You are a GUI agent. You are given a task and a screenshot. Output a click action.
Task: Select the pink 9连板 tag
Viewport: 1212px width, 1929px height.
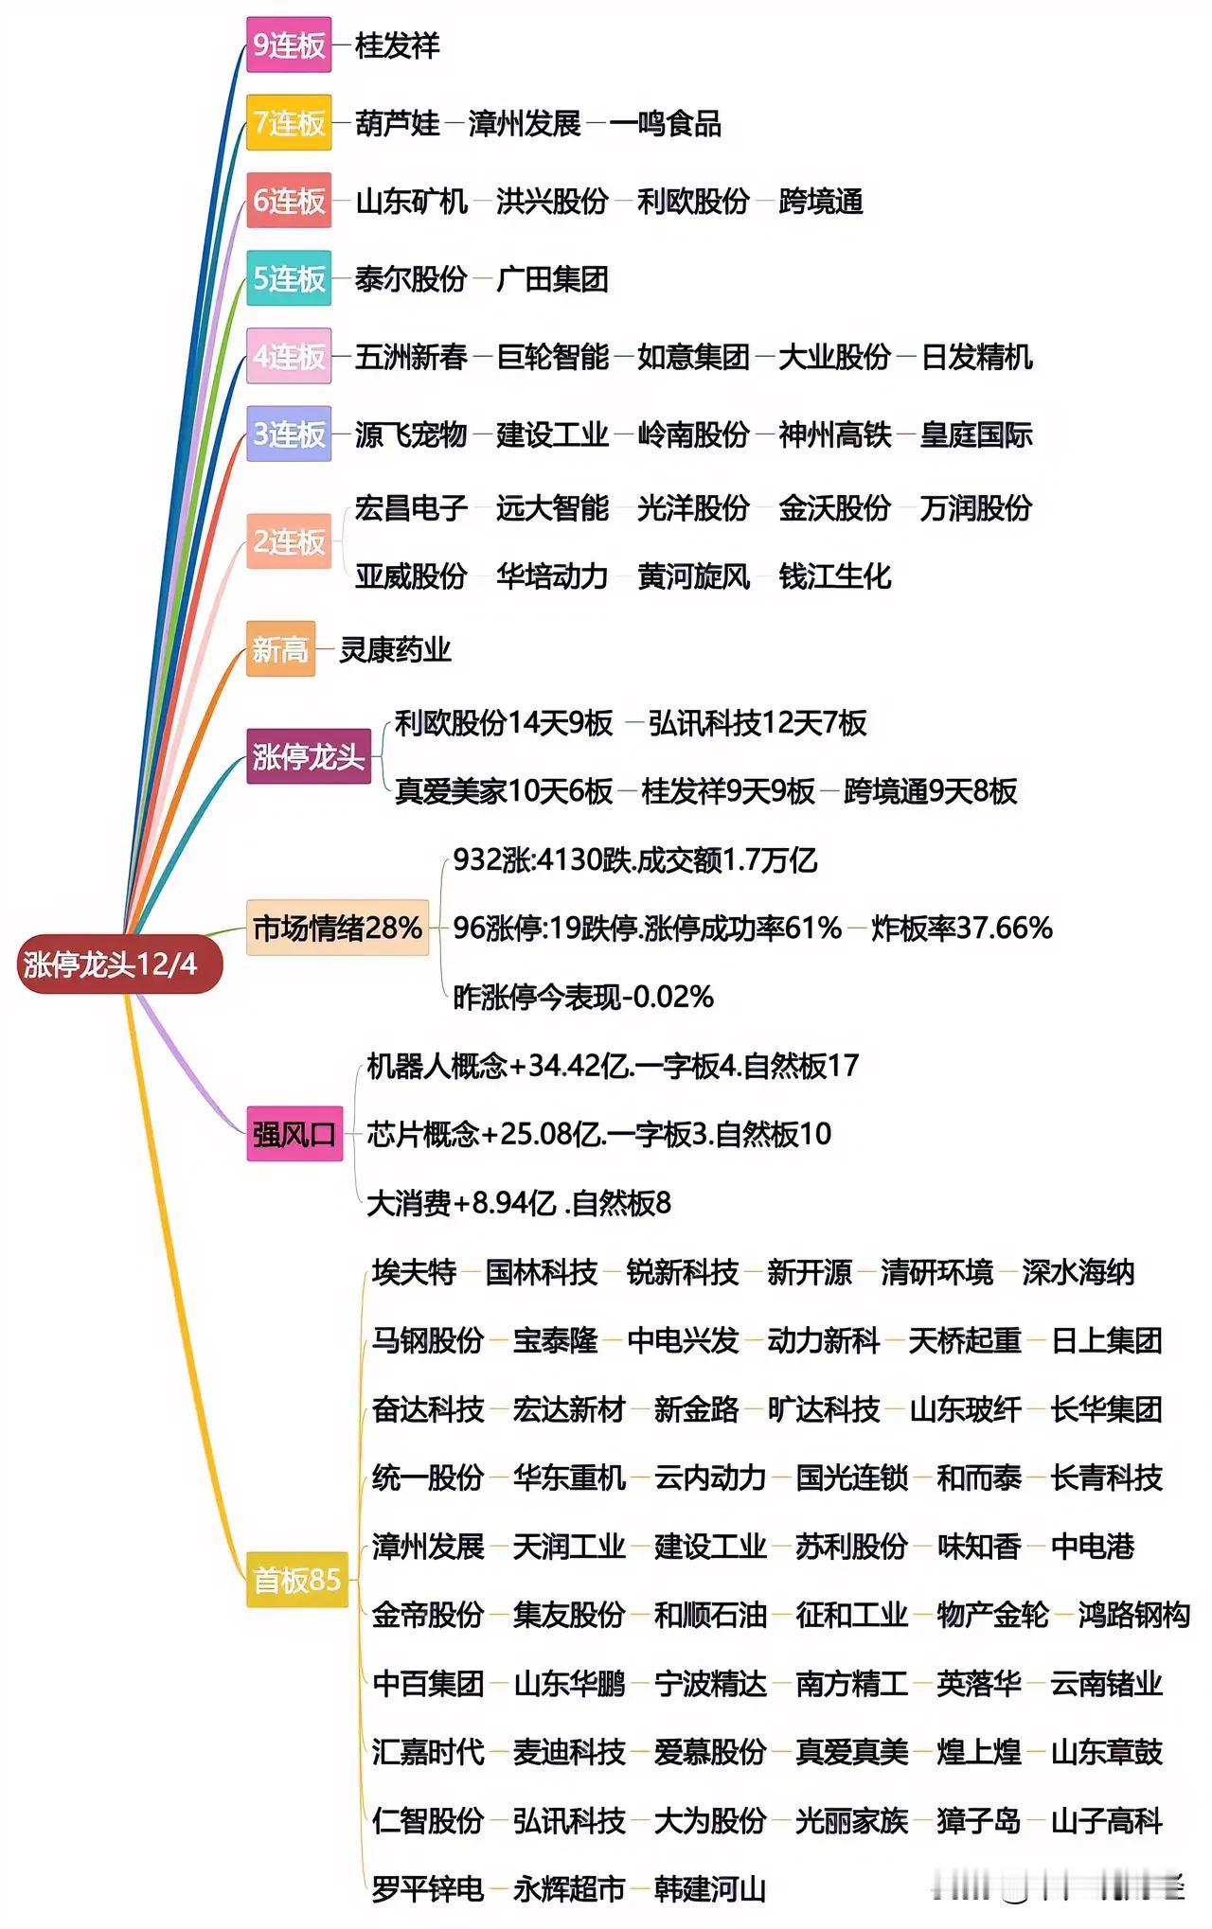pyautogui.click(x=289, y=44)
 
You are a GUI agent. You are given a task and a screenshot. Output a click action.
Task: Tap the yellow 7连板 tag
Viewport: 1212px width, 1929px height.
pyautogui.click(x=289, y=122)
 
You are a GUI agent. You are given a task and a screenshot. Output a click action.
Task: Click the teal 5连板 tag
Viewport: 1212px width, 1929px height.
pyautogui.click(x=289, y=278)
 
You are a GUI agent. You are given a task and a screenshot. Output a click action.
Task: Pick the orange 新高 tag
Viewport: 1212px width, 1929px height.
pyautogui.click(x=280, y=649)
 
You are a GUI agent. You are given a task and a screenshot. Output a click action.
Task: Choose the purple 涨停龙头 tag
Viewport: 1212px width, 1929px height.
pyautogui.click(x=308, y=756)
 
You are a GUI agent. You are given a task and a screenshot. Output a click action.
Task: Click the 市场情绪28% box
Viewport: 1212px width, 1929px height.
pyautogui.click(x=337, y=928)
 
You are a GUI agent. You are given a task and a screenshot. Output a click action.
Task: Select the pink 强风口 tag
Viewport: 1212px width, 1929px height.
pyautogui.click(x=294, y=1133)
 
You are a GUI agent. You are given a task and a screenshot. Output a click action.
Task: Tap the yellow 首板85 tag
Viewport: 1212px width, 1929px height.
pyautogui.click(x=296, y=1579)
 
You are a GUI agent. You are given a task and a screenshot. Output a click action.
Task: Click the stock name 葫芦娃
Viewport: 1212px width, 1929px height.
pyautogui.click(x=398, y=123)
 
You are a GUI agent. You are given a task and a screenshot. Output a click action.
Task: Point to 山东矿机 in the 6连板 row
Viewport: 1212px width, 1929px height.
pyautogui.click(x=412, y=201)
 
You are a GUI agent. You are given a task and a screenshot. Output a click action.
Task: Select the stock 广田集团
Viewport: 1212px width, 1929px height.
pyautogui.click(x=552, y=279)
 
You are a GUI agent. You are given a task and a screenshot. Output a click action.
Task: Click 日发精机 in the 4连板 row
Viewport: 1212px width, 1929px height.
pyautogui.click(x=976, y=357)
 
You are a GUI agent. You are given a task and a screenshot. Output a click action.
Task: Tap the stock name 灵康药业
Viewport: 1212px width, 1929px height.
pyautogui.click(x=395, y=650)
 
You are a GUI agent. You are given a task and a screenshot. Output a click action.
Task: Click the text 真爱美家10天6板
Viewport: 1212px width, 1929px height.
pyautogui.click(x=504, y=791)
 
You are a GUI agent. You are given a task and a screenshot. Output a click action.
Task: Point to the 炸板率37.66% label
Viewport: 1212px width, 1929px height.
pyautogui.click(x=961, y=928)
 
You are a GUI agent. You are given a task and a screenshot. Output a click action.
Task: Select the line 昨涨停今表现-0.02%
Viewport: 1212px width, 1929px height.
pyautogui.click(x=583, y=997)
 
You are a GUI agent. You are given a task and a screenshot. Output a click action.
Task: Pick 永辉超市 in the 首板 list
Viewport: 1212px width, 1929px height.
pyautogui.click(x=569, y=1889)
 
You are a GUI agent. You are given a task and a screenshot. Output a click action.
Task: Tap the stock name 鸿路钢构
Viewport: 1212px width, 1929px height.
pyautogui.click(x=1133, y=1615)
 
